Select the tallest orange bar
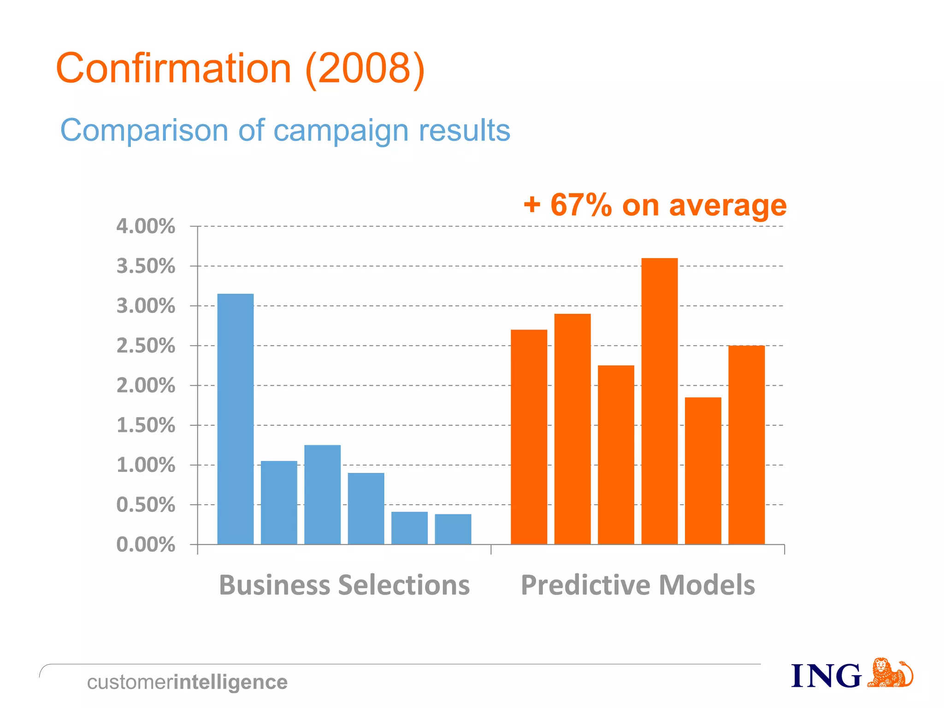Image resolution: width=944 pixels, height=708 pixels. pyautogui.click(x=659, y=401)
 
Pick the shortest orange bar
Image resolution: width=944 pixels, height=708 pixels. pyautogui.click(x=702, y=470)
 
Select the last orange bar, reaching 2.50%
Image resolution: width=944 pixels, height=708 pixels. pyautogui.click(x=746, y=444)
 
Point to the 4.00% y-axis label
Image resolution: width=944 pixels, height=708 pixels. pyautogui.click(x=146, y=226)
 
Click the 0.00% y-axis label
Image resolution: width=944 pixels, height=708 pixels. pyautogui.click(x=146, y=544)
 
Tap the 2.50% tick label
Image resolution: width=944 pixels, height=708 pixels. pyautogui.click(x=146, y=346)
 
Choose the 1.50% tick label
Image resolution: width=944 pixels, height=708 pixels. pyautogui.click(x=146, y=425)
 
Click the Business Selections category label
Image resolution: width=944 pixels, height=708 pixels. pyautogui.click(x=344, y=585)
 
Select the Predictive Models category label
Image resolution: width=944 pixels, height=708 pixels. pyautogui.click(x=637, y=585)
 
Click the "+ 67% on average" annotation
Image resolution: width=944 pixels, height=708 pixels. pyautogui.click(x=655, y=205)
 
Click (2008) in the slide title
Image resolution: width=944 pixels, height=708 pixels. pyautogui.click(x=364, y=69)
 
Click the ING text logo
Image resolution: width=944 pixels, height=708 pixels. pyautogui.click(x=826, y=676)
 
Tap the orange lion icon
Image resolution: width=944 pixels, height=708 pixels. pyautogui.click(x=889, y=673)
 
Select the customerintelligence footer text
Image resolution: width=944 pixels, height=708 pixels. pyautogui.click(x=187, y=682)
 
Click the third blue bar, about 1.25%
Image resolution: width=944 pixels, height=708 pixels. pyautogui.click(x=322, y=494)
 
